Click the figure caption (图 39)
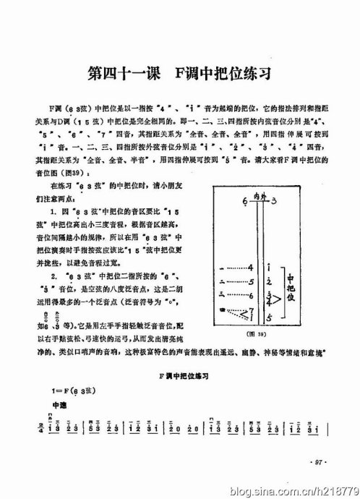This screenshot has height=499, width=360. [x=257, y=335]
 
